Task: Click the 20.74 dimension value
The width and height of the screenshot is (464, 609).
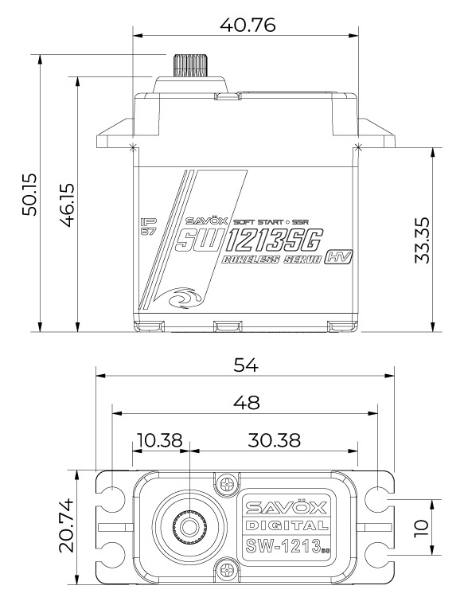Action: pyautogui.click(x=66, y=528)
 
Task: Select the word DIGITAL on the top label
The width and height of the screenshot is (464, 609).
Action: pyautogui.click(x=284, y=526)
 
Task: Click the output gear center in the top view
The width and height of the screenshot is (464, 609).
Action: pyautogui.click(x=189, y=527)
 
